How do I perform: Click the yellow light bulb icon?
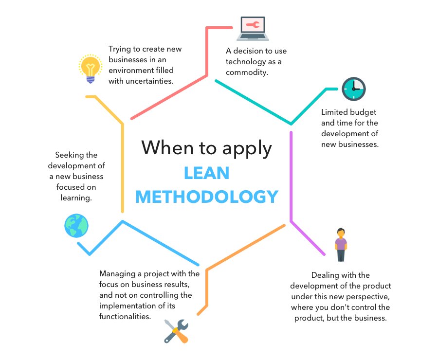pyautogui.click(x=90, y=69)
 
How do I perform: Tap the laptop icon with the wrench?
pyautogui.click(x=253, y=29)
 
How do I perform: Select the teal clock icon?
pyautogui.click(x=354, y=89)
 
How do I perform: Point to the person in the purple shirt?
pyautogui.click(x=341, y=245)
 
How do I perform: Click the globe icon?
pyautogui.click(x=76, y=226)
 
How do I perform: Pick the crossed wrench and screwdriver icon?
pyautogui.click(x=176, y=331)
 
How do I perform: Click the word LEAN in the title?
pyautogui.click(x=207, y=173)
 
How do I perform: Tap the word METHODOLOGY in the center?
pyautogui.click(x=207, y=197)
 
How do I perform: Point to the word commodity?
pyautogui.click(x=247, y=72)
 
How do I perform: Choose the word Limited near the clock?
pyautogui.click(x=333, y=112)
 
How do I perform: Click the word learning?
pyautogui.click(x=76, y=198)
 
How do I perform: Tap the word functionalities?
pyautogui.click(x=125, y=316)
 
